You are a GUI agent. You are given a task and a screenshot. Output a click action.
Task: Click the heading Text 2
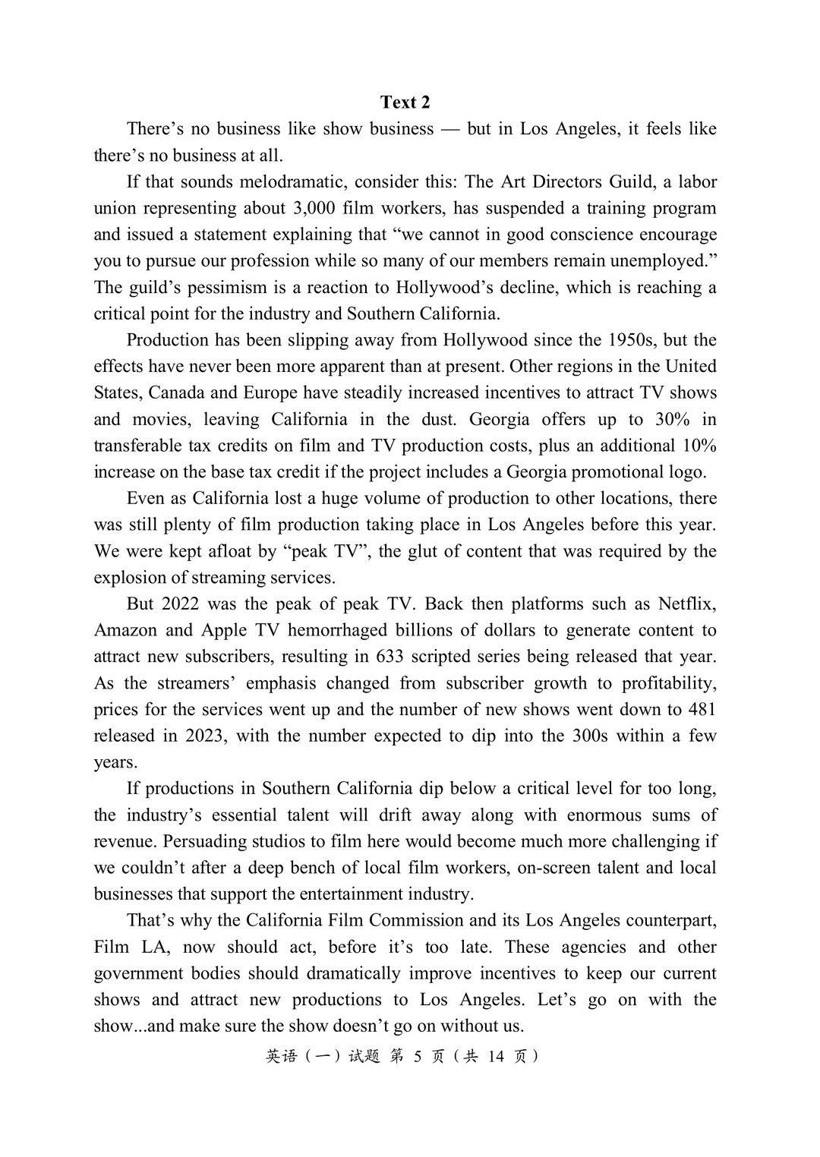pos(405,102)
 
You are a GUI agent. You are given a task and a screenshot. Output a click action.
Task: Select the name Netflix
pos(686,604)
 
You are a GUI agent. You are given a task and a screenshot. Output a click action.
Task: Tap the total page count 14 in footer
pos(496,1057)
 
